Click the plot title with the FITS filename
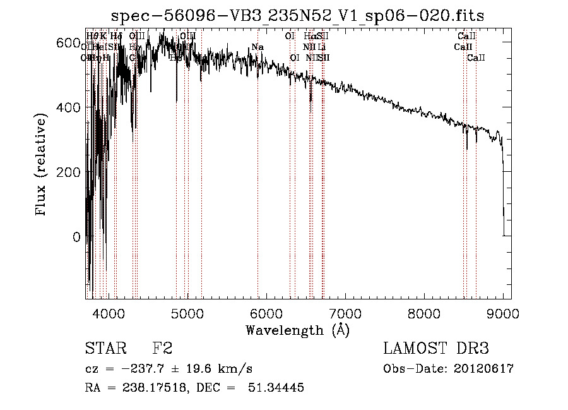(298, 16)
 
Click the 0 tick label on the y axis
(76, 238)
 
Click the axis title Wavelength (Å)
(297, 330)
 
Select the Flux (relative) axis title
(42, 166)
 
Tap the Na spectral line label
(257, 47)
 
